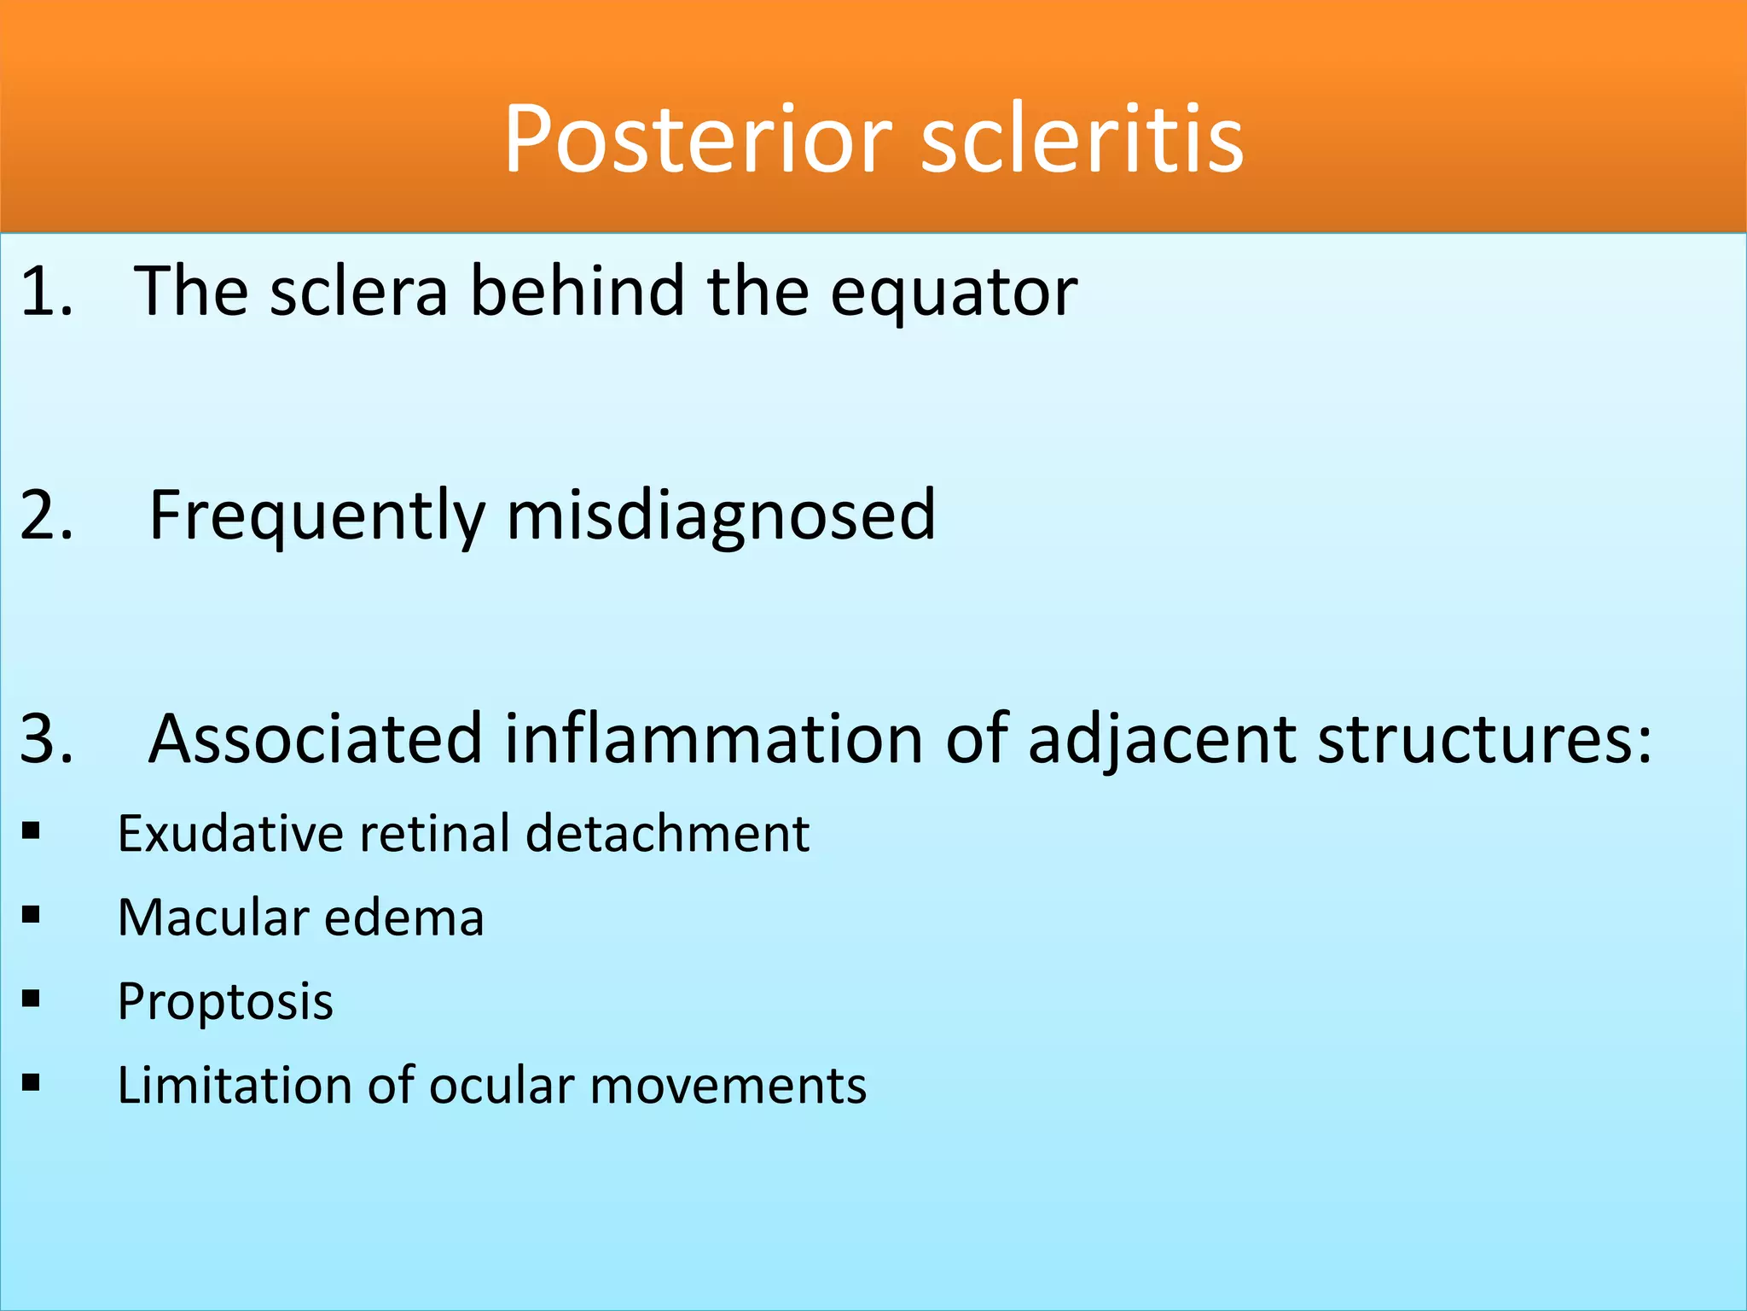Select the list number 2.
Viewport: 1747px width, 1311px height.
[46, 516]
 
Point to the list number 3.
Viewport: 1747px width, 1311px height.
[46, 738]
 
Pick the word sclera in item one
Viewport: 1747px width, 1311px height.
[358, 292]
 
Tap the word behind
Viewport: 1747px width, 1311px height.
[578, 292]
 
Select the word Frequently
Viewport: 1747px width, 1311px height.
[316, 517]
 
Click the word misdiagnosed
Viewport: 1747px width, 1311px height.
[721, 517]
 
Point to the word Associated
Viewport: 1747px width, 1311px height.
[316, 738]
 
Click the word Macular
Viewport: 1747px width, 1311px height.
[211, 918]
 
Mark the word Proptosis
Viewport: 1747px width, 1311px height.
[225, 1002]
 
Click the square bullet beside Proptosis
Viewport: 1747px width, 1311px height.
[32, 998]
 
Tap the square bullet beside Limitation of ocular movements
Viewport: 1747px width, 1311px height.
[32, 1082]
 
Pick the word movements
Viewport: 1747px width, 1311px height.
[728, 1086]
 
